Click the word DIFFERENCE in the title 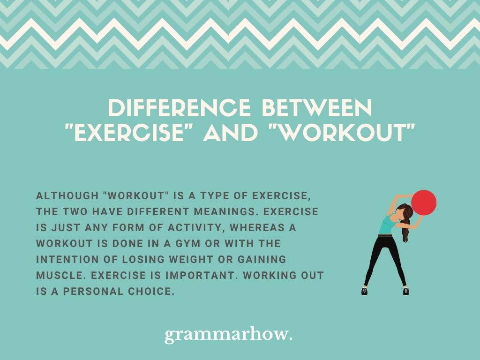click(179, 108)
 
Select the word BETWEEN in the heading click(317, 108)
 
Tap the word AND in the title click(230, 133)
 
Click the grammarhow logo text click(228, 335)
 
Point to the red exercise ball click(424, 202)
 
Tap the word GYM click(188, 244)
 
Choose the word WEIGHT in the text click(190, 260)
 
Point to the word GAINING click(262, 260)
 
